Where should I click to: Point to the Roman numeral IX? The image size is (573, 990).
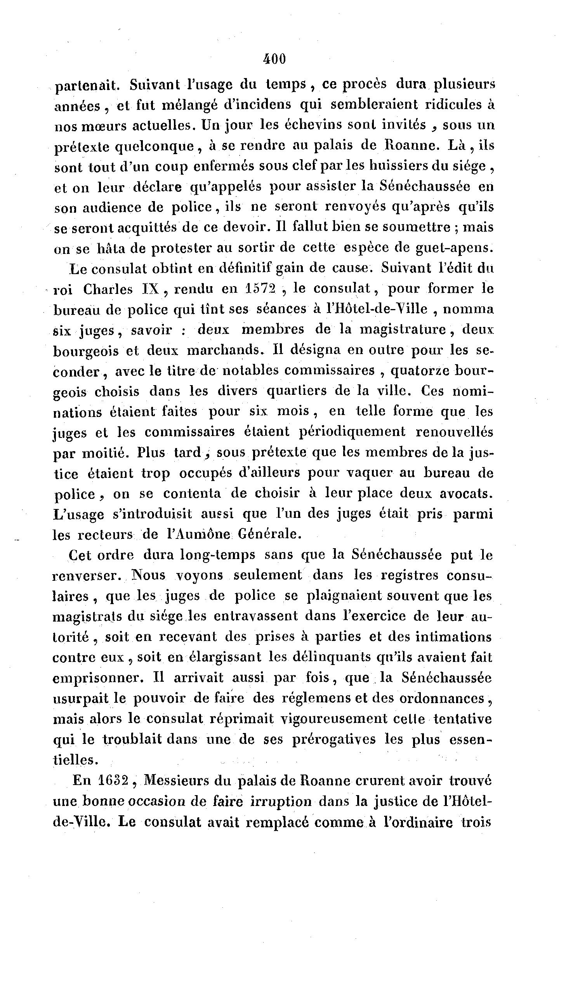(x=149, y=289)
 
